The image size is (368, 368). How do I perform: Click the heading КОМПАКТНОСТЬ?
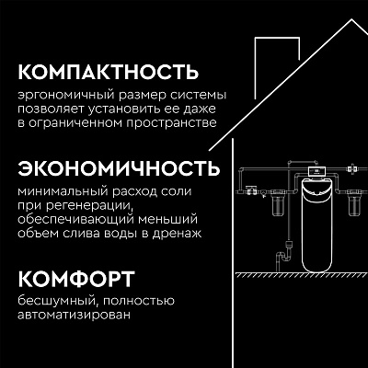pyautogui.click(x=109, y=73)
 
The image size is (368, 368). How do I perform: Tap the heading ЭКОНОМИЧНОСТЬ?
pyautogui.click(x=119, y=168)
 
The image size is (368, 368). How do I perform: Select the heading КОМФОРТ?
pyautogui.click(x=76, y=279)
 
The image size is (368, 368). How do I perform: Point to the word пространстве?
pyautogui.click(x=171, y=123)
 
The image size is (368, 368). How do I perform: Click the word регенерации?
pyautogui.click(x=89, y=206)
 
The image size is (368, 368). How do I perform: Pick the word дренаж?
pyautogui.click(x=178, y=234)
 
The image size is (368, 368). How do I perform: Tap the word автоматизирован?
pyautogui.click(x=74, y=316)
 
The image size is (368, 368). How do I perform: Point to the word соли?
pyautogui.click(x=177, y=192)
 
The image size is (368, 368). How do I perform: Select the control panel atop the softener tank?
pyautogui.click(x=316, y=171)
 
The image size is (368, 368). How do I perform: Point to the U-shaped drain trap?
pyautogui.click(x=282, y=259)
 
